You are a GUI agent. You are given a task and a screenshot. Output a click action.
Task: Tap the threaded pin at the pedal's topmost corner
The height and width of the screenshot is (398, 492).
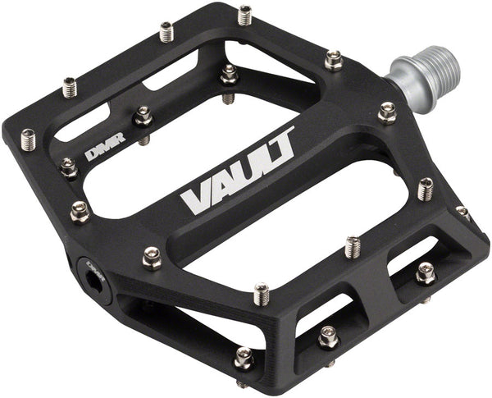coord(245,14)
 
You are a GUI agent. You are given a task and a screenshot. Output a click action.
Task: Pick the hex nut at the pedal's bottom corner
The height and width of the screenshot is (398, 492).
coord(244,359)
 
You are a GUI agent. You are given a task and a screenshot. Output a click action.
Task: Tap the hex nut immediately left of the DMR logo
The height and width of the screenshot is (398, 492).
coord(68,168)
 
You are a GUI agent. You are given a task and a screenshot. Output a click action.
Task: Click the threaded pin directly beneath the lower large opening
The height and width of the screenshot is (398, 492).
coord(262,292)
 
